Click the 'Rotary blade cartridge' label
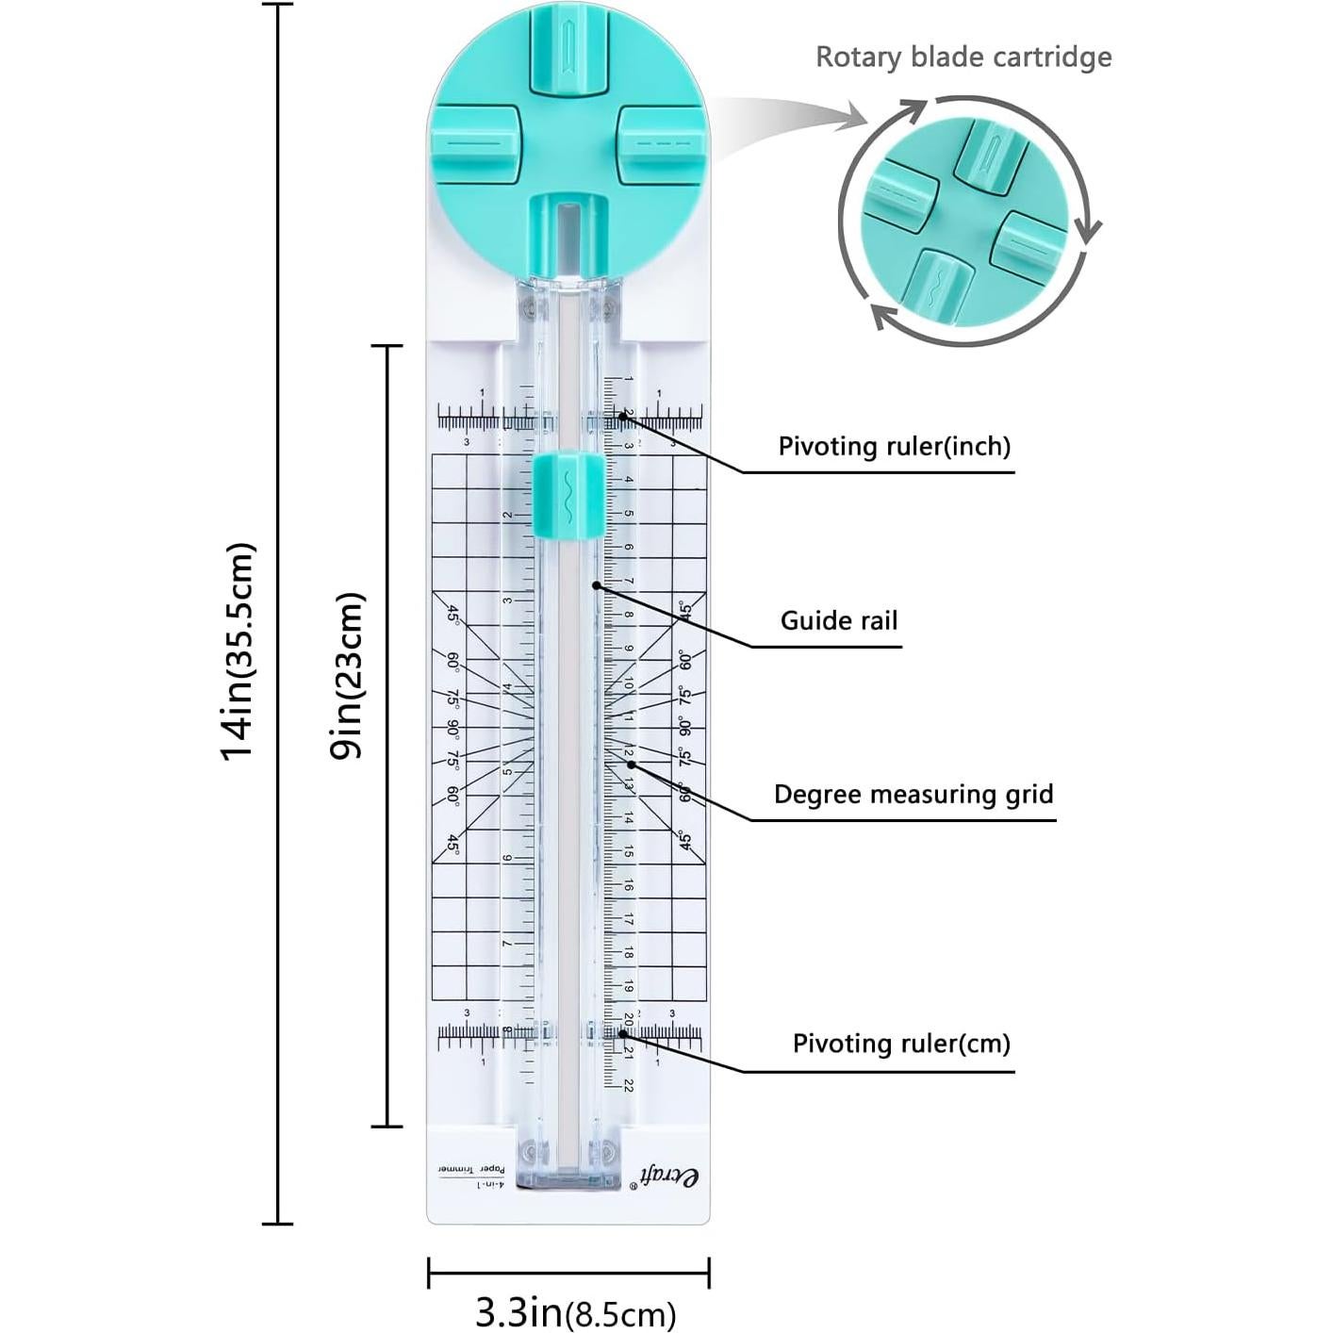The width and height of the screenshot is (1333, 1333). pyautogui.click(x=963, y=58)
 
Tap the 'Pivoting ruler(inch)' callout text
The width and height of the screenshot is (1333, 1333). pyautogui.click(x=894, y=446)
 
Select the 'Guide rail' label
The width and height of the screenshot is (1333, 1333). pyautogui.click(x=838, y=620)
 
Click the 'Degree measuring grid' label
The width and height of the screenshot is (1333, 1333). pyautogui.click(x=913, y=794)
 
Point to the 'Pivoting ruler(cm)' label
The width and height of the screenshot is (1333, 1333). pyautogui.click(x=900, y=1044)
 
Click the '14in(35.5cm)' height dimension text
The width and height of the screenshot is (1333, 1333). pyautogui.click(x=237, y=650)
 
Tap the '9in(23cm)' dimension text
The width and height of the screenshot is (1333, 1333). pyautogui.click(x=347, y=675)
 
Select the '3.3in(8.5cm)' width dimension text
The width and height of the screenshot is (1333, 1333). pyautogui.click(x=574, y=1311)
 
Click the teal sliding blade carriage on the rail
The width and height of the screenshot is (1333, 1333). pyautogui.click(x=567, y=495)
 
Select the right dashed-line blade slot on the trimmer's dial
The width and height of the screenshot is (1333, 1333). pyautogui.click(x=662, y=144)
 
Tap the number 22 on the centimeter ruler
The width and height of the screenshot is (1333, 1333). pyautogui.click(x=629, y=1085)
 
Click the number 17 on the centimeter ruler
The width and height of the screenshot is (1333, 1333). pyautogui.click(x=629, y=919)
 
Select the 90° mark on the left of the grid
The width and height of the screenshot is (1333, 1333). pyautogui.click(x=453, y=728)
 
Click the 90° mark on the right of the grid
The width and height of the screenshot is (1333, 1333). pyautogui.click(x=683, y=727)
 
